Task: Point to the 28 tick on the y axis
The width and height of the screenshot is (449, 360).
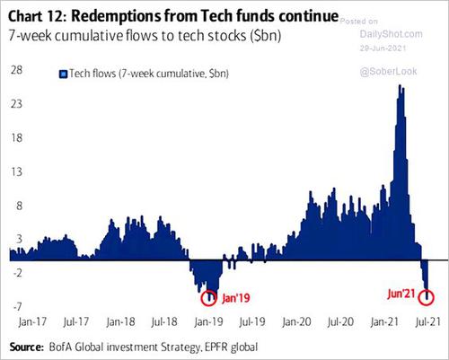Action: pyautogui.click(x=16, y=70)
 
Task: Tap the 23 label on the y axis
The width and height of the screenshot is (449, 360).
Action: pyautogui.click(x=16, y=104)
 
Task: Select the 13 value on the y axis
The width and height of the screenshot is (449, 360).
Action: pyautogui.click(x=16, y=171)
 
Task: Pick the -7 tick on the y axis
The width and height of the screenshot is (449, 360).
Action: pyautogui.click(x=16, y=306)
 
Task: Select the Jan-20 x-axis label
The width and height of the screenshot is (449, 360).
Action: pyautogui.click(x=297, y=320)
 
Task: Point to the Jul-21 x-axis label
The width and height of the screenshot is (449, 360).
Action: pyautogui.click(x=434, y=320)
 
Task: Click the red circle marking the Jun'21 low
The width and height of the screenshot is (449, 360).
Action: pyautogui.click(x=427, y=296)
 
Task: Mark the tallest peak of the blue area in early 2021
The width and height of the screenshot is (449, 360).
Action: pyautogui.click(x=400, y=86)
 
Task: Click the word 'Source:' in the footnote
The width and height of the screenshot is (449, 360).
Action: pyautogui.click(x=31, y=345)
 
